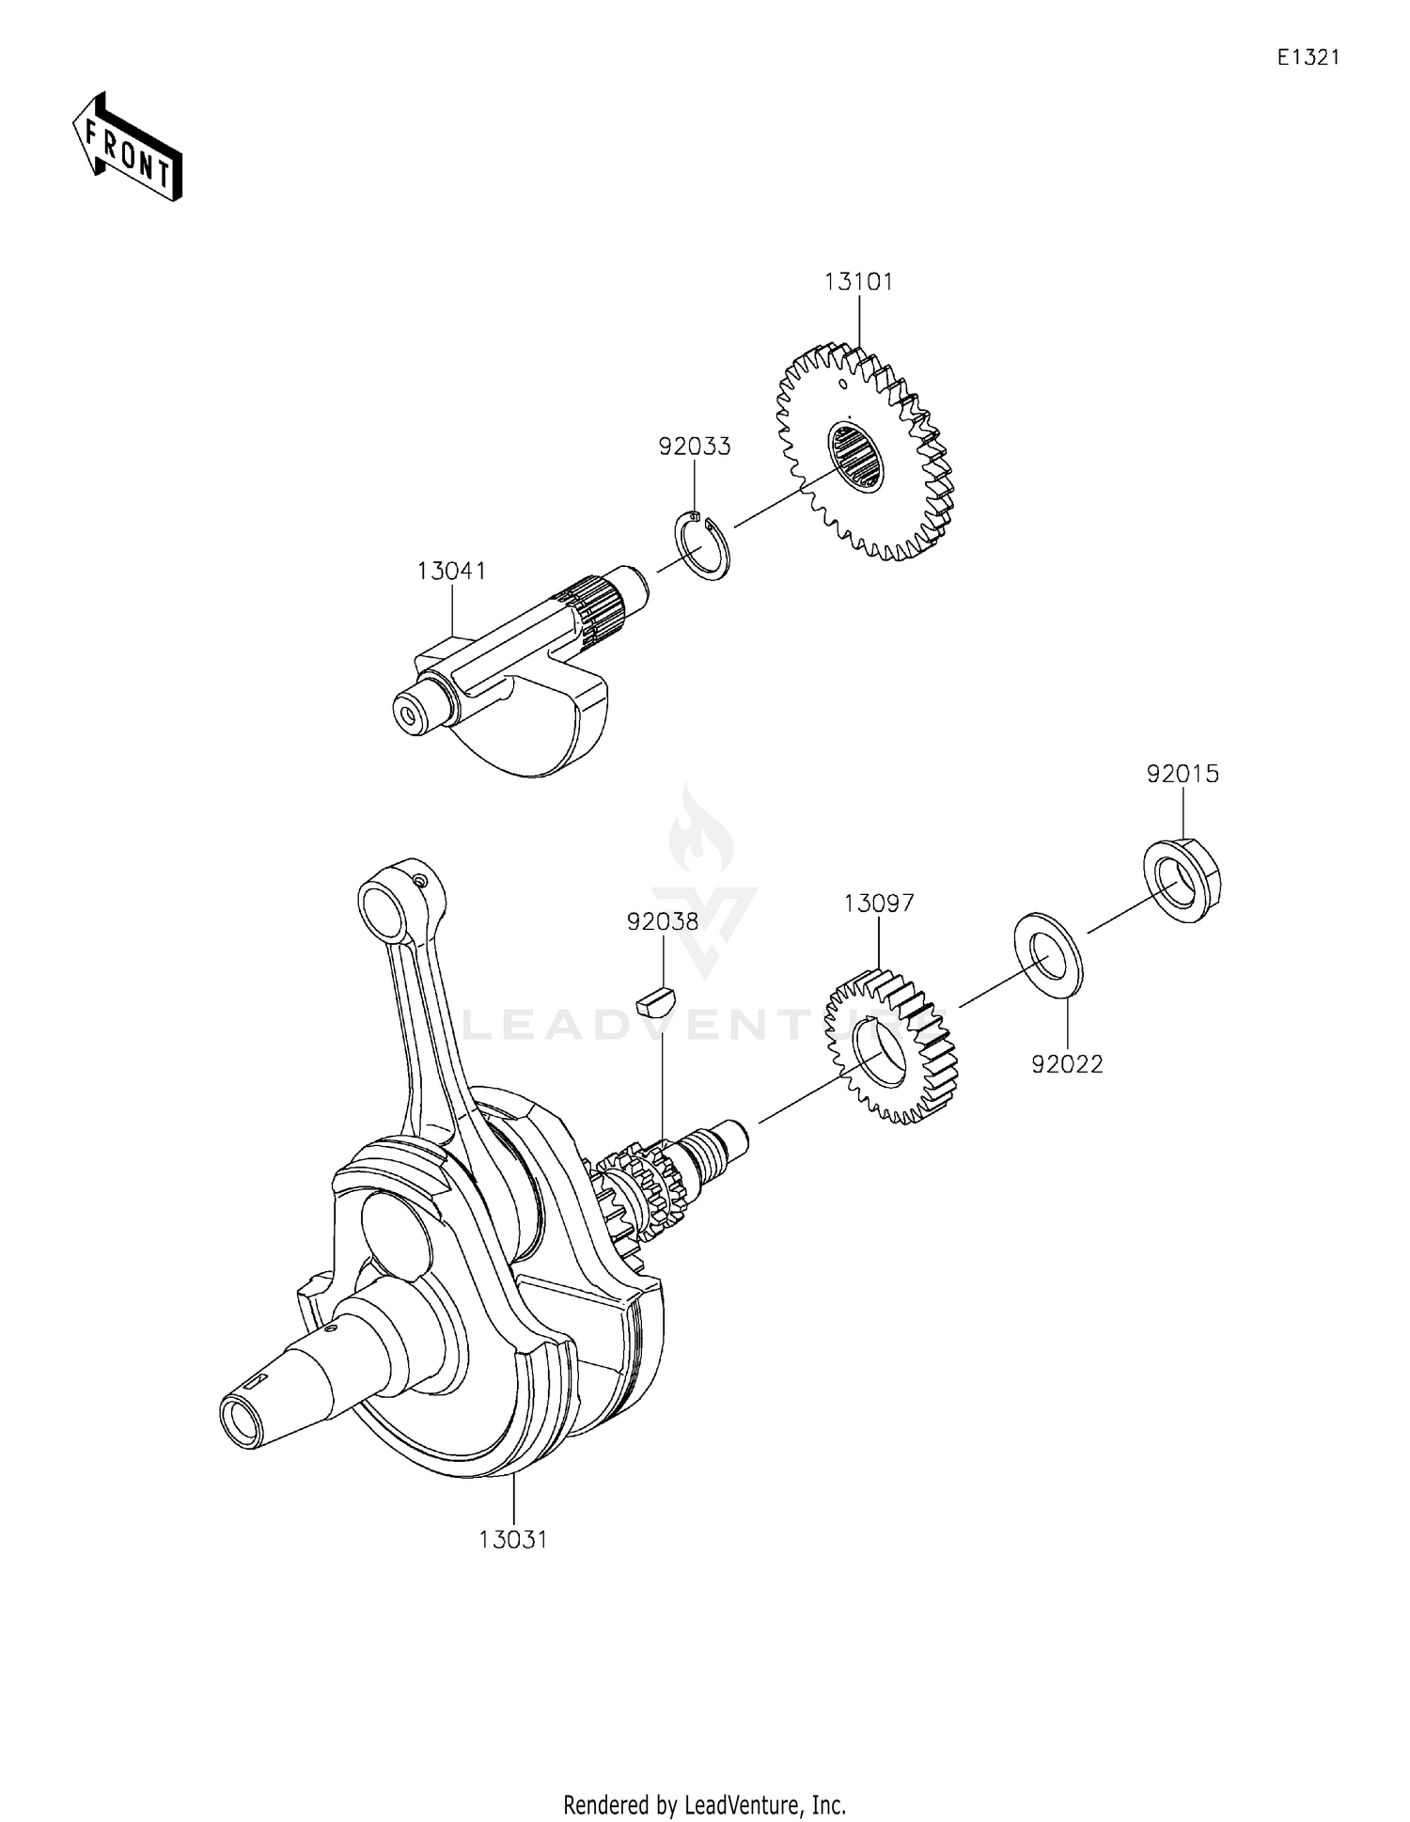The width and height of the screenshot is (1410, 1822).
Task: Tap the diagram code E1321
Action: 1308,57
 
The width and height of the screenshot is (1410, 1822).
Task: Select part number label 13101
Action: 858,281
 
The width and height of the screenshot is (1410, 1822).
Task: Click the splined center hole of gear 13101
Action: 856,457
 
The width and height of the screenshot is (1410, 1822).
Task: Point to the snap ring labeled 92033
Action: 703,546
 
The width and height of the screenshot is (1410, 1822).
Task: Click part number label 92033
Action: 694,447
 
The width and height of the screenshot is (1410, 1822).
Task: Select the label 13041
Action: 451,571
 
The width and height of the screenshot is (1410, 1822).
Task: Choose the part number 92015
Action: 1182,774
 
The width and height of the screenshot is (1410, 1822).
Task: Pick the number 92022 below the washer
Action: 1067,1064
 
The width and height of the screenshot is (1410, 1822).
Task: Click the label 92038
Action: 663,922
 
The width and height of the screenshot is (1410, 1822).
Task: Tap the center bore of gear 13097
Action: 879,1051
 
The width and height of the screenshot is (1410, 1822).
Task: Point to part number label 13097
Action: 879,903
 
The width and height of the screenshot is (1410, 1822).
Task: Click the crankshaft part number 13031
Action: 512,1540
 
